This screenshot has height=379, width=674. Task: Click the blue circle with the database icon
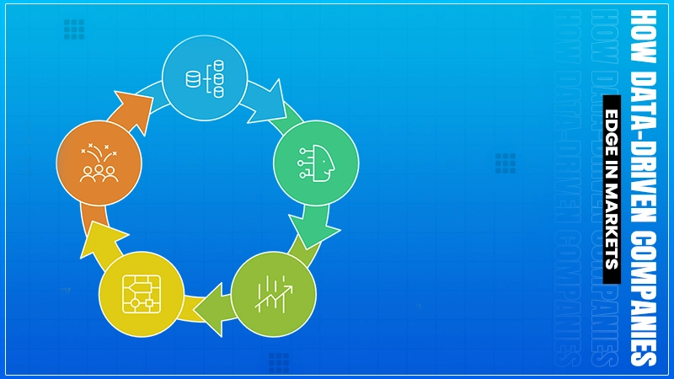[x=204, y=78]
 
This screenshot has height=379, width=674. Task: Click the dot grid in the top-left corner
[x=74, y=29]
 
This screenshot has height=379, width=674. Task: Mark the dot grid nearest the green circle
[x=505, y=163]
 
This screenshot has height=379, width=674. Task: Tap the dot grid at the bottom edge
[x=279, y=363]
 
